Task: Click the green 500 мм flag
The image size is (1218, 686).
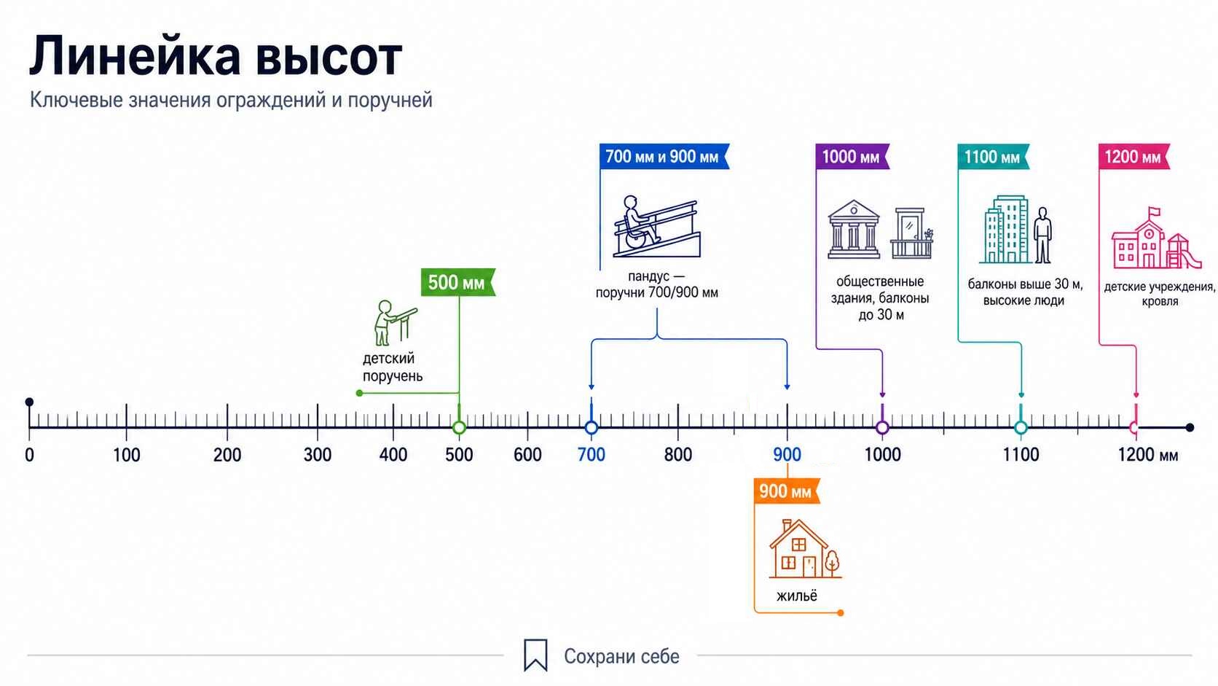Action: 457,282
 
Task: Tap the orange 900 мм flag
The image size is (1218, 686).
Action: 787,491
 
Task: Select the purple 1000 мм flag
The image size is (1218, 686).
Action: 852,157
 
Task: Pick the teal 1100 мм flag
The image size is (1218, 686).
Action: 994,157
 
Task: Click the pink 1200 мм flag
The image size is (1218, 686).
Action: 1133,157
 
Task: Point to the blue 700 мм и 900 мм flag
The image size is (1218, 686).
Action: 664,157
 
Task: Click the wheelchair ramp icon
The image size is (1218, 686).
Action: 657,226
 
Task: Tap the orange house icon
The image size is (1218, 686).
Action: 805,549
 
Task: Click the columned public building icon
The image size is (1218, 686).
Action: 854,229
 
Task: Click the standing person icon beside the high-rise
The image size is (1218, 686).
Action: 1042,235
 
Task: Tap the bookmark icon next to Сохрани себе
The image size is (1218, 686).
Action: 535,655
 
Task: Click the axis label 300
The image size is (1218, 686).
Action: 318,455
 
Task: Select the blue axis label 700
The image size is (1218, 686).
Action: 591,455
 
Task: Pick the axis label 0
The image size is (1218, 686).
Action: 29,455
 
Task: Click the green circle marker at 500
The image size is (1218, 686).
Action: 459,428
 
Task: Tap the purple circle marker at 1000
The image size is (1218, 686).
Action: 882,428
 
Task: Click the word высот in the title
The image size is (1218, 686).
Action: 329,57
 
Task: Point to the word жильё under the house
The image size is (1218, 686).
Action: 797,596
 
